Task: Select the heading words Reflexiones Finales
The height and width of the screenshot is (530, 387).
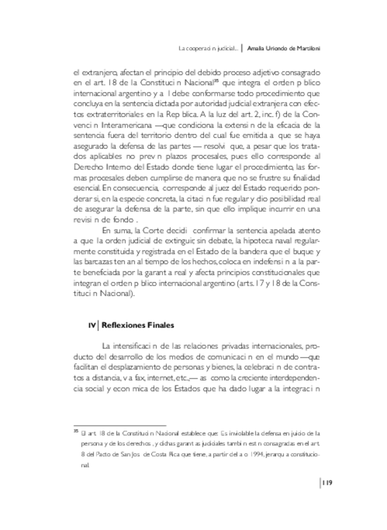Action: [138, 326]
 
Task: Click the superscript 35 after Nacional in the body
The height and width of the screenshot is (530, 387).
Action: [216, 79]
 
